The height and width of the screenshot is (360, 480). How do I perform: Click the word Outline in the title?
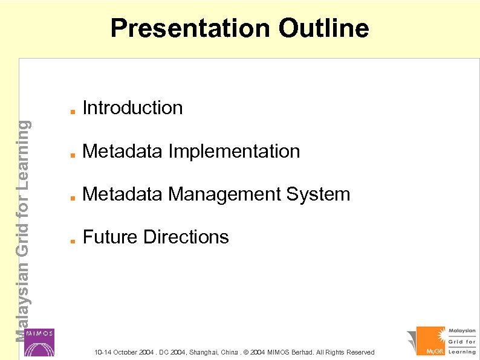pos(323,28)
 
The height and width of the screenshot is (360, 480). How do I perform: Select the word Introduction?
pos(132,108)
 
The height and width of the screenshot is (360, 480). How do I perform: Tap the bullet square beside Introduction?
pos(71,111)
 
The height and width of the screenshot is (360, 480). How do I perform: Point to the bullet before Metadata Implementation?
pos(71,154)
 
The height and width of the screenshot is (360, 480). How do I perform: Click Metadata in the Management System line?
pos(123,194)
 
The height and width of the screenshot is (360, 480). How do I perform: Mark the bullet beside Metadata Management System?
pos(71,197)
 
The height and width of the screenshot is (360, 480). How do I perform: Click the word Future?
pos(111,237)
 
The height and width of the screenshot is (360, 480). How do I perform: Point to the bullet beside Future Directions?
pos(71,240)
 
